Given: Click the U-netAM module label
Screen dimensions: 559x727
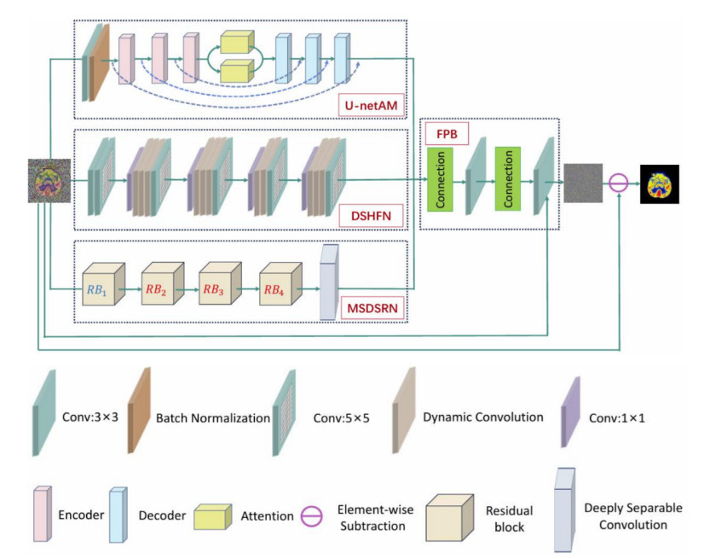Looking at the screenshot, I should (x=369, y=106).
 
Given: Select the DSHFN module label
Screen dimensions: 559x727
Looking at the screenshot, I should (x=370, y=216).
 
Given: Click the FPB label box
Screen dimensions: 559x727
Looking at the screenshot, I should (x=448, y=134).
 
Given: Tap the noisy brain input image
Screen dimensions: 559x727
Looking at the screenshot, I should (x=46, y=181).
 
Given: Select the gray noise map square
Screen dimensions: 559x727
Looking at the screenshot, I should (x=583, y=183).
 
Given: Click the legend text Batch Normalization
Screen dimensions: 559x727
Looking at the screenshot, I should (x=212, y=418).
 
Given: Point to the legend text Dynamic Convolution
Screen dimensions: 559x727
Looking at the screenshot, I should (x=482, y=417).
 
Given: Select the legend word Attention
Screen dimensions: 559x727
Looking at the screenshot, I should (x=267, y=515).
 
